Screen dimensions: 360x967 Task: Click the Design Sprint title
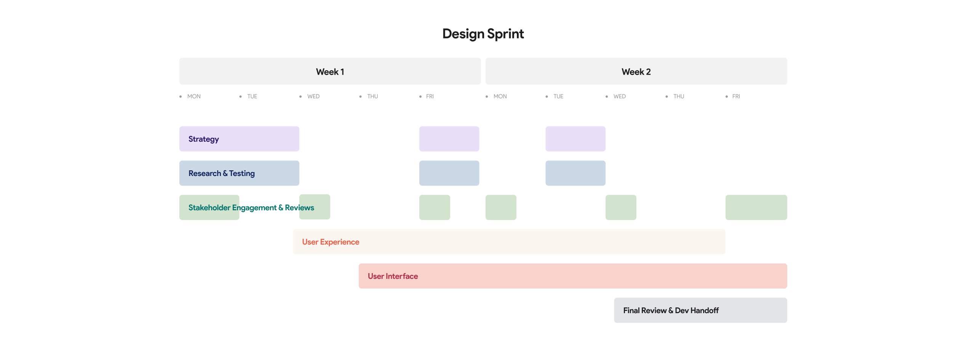pos(483,34)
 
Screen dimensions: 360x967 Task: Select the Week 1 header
pos(330,72)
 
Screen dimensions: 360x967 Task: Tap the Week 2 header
pos(636,72)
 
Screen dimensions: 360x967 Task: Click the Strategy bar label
pos(204,139)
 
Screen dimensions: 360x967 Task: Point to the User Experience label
pos(331,242)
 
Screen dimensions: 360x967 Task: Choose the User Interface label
pos(393,276)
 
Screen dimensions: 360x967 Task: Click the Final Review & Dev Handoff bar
pos(700,310)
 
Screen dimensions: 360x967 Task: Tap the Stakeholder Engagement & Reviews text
pos(251,208)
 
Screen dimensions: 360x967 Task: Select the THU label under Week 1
pos(372,96)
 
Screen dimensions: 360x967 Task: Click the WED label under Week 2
pos(619,96)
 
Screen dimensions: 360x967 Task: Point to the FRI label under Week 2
pos(736,96)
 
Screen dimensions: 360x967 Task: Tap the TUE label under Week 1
pos(252,96)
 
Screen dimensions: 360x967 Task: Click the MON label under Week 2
pos(500,96)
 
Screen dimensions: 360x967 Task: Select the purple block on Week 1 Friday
pos(449,139)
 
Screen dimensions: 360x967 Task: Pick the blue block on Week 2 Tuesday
pos(575,173)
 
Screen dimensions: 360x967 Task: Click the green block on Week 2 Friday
pos(756,208)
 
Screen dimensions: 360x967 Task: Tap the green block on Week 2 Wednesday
pos(621,208)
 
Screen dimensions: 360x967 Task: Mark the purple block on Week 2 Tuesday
pos(575,139)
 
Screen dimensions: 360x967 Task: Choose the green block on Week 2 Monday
pos(501,208)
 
